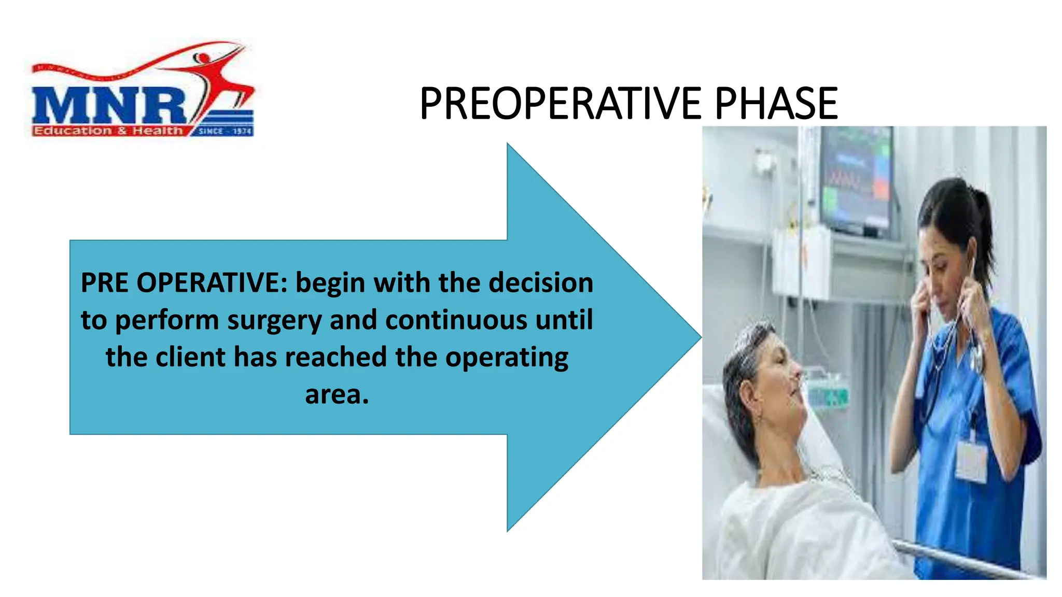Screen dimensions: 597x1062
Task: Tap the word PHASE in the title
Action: click(x=776, y=104)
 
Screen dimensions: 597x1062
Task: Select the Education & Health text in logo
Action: click(x=108, y=131)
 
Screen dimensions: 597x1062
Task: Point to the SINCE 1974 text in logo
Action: click(x=225, y=131)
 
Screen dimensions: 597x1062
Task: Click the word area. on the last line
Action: click(x=337, y=395)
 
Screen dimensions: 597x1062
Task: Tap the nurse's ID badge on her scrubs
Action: click(x=971, y=460)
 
